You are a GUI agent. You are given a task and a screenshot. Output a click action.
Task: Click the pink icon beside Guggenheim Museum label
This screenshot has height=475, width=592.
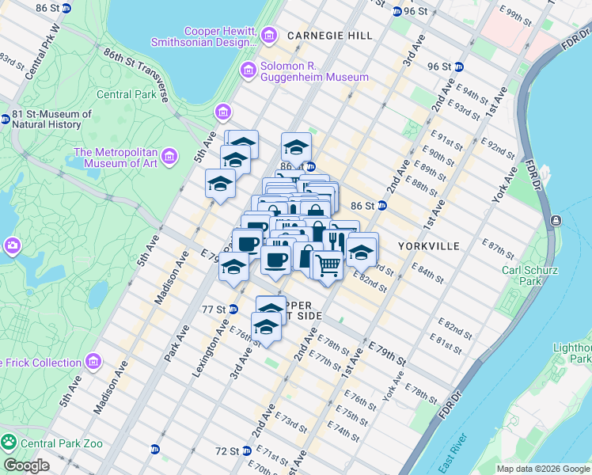click(x=248, y=71)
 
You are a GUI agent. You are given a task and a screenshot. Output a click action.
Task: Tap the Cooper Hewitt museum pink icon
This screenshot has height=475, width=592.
click(x=269, y=35)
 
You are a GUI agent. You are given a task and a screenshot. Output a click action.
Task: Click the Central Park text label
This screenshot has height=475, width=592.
click(x=127, y=95)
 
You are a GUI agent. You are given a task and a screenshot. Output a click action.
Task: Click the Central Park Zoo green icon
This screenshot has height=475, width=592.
click(x=9, y=443)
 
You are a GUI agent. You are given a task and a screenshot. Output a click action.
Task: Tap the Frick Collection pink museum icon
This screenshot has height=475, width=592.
click(x=93, y=363)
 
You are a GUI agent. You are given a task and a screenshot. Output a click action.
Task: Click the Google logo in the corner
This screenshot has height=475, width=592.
click(x=26, y=465)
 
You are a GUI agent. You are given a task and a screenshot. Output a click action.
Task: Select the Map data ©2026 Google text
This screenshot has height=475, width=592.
click(x=543, y=469)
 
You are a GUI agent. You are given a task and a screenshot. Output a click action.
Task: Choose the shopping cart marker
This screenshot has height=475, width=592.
click(x=327, y=264)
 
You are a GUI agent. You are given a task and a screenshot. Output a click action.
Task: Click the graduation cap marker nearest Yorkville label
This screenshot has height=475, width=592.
click(x=362, y=251)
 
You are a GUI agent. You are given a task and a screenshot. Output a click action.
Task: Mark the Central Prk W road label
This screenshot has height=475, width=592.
click(x=41, y=51)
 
